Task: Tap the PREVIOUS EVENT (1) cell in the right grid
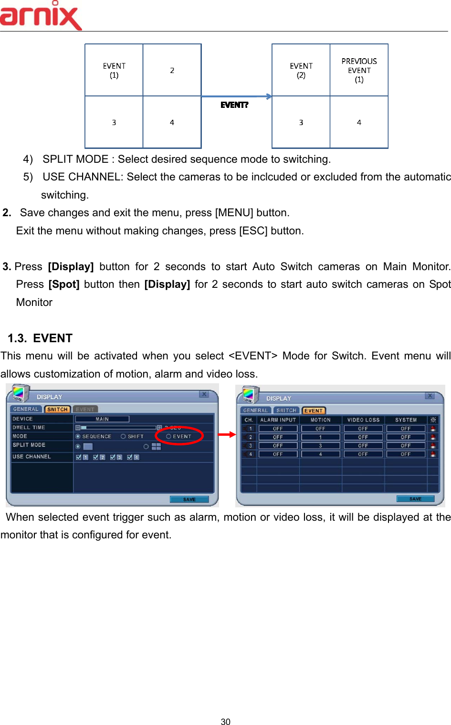coord(359,70)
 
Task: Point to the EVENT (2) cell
coord(301,70)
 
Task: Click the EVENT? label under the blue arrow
coord(234,105)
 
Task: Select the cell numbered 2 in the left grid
coord(172,70)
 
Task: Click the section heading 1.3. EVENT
coord(40,338)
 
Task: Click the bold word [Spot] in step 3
coord(64,284)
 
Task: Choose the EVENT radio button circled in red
coord(168,436)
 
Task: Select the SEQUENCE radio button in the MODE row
coord(78,436)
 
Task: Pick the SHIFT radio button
coord(123,436)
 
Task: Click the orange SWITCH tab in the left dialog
coord(57,410)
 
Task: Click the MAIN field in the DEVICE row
coord(102,419)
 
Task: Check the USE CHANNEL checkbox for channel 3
coord(113,457)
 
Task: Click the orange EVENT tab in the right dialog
coord(314,410)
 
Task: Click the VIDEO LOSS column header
coord(363,420)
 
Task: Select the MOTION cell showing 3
coord(320,446)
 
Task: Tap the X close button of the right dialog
coord(430,396)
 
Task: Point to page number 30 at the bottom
coord(226,722)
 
